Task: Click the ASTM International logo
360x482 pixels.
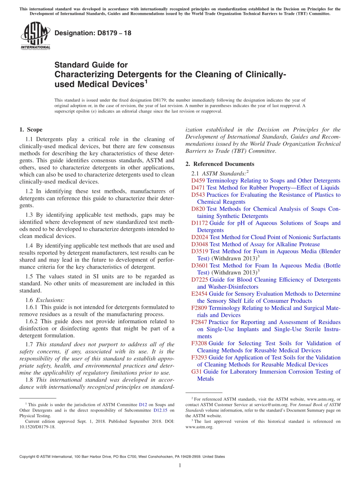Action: (35, 36)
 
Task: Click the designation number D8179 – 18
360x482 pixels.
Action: (93, 33)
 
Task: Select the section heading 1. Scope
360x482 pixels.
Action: (31, 130)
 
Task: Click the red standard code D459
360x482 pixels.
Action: (198, 181)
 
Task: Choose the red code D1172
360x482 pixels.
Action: (200, 223)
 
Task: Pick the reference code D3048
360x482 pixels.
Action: (200, 244)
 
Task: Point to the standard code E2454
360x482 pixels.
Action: (199, 294)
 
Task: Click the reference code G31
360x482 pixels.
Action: (197, 372)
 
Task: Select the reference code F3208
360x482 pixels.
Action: (199, 343)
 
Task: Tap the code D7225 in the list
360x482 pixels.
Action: (200, 280)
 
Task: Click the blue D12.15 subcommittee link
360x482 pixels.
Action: (161, 410)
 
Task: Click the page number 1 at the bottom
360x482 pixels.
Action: (180, 465)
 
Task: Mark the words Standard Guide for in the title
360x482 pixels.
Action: (91, 65)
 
